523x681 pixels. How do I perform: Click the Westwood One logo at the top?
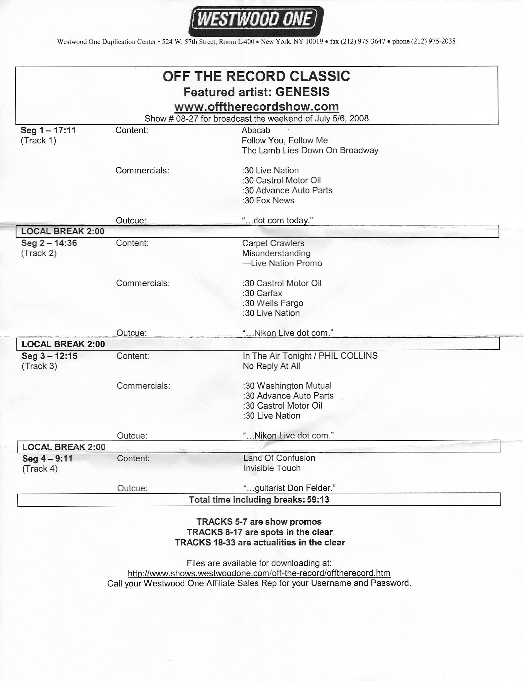(x=256, y=21)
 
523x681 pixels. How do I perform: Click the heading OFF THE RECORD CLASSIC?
(x=256, y=76)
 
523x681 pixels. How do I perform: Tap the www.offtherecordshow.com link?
(x=256, y=107)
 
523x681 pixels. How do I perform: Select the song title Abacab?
(x=256, y=130)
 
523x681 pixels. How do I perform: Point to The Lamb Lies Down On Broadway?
(x=310, y=150)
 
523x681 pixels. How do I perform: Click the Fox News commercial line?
(x=268, y=201)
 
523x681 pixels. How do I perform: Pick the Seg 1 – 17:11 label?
(x=48, y=130)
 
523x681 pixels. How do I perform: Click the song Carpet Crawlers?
(x=273, y=243)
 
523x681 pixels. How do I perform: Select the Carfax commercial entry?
(x=262, y=293)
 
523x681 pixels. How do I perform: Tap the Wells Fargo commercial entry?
(x=273, y=303)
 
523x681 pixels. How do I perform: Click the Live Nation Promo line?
(x=282, y=263)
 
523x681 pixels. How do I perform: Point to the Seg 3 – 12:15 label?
(x=49, y=356)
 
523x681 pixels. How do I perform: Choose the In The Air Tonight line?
(x=310, y=356)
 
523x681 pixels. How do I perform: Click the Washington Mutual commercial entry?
(x=287, y=386)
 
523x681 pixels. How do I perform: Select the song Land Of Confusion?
(x=279, y=458)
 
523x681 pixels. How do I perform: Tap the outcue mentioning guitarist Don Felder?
(x=289, y=488)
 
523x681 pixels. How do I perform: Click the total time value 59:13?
(x=318, y=500)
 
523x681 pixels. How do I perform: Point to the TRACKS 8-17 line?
(x=260, y=532)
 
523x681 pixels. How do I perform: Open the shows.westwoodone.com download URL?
(x=259, y=573)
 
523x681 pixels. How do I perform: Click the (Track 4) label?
(x=40, y=469)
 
